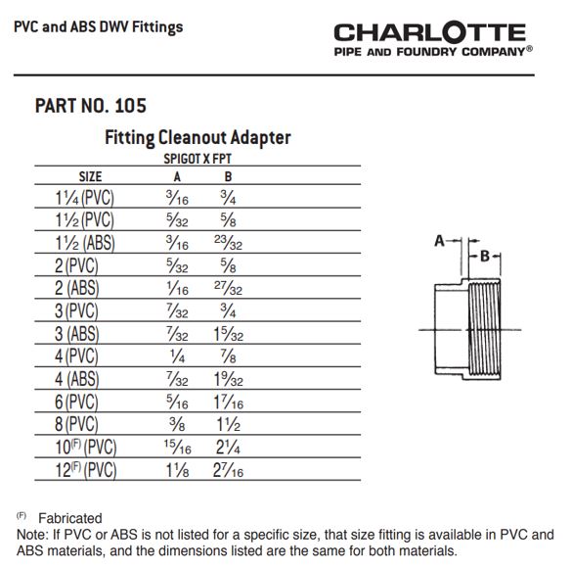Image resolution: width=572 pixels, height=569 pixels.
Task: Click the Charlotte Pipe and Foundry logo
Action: pyautogui.click(x=433, y=39)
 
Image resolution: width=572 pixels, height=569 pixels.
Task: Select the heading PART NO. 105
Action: pyautogui.click(x=91, y=106)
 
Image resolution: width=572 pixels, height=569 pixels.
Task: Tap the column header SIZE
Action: pyautogui.click(x=91, y=177)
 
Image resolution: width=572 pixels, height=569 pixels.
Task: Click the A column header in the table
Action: pyautogui.click(x=177, y=177)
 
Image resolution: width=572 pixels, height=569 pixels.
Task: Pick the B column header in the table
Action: pyautogui.click(x=229, y=177)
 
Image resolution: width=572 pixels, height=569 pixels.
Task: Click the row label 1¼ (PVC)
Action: pyautogui.click(x=85, y=198)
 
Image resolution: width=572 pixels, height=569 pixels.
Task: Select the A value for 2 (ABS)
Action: pyautogui.click(x=177, y=288)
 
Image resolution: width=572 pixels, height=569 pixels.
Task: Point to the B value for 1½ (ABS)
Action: pyautogui.click(x=229, y=243)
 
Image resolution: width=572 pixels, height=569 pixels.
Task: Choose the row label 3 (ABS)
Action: pyautogui.click(x=77, y=334)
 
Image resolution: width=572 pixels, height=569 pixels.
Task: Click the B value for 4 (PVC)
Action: pyautogui.click(x=229, y=356)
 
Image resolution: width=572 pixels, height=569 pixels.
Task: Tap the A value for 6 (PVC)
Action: pyautogui.click(x=177, y=402)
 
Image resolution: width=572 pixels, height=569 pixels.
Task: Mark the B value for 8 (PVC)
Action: pyautogui.click(x=229, y=424)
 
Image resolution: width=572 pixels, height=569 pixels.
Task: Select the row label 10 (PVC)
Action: pyautogui.click(x=86, y=448)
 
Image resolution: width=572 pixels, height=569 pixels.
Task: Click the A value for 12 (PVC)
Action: pyautogui.click(x=177, y=470)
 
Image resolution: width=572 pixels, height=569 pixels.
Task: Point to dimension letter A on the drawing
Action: pyautogui.click(x=440, y=241)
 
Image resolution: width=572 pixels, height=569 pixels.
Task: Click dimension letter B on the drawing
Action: pyautogui.click(x=485, y=257)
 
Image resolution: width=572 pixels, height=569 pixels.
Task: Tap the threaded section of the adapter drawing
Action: pyautogui.click(x=484, y=329)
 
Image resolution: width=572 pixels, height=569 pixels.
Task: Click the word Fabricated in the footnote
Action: pyautogui.click(x=70, y=518)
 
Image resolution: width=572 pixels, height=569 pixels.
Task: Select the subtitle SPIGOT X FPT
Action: pyautogui.click(x=198, y=159)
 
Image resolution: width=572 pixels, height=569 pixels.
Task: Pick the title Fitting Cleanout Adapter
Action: pyautogui.click(x=198, y=138)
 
